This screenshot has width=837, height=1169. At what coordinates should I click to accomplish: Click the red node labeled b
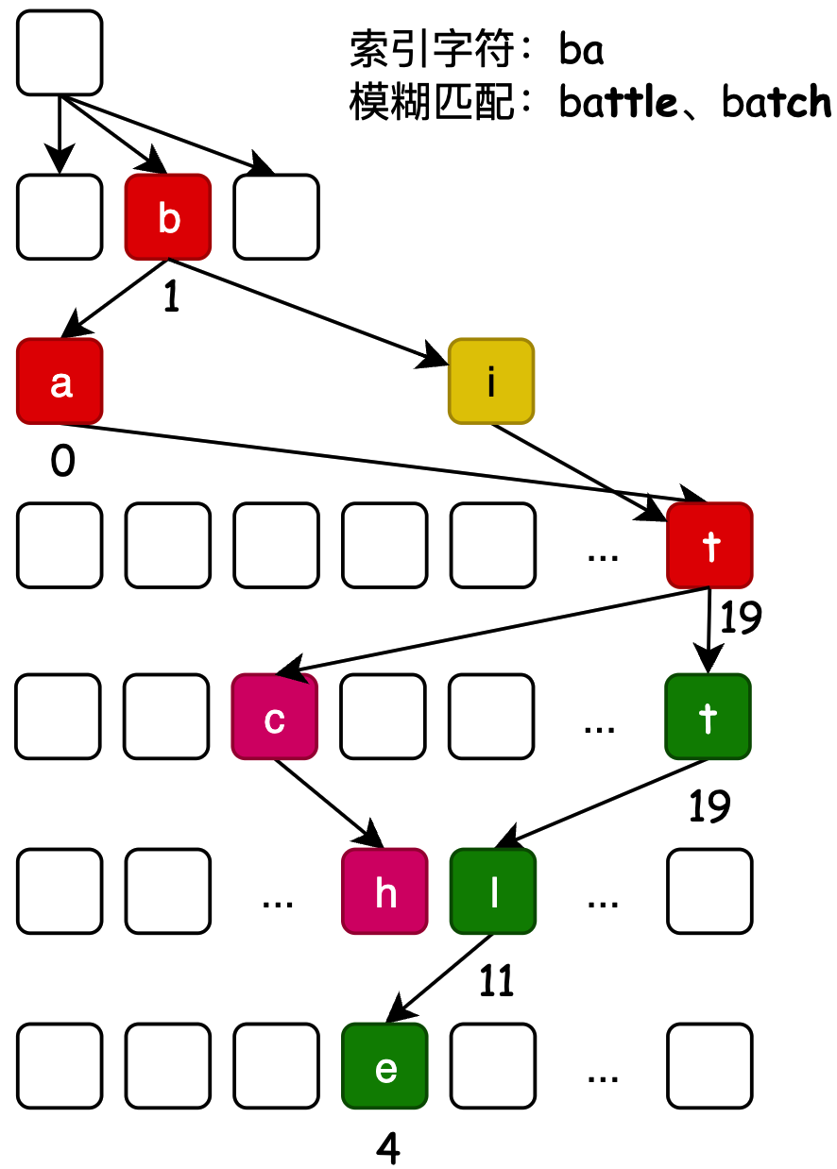(x=168, y=217)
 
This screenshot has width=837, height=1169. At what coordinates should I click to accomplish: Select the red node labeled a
(x=60, y=381)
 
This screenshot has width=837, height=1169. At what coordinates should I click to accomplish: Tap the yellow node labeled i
(x=491, y=381)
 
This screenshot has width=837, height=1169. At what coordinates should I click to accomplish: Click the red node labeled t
(x=709, y=545)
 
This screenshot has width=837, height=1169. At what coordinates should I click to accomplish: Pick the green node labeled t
(x=708, y=717)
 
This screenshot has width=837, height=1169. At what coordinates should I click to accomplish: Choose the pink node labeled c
(x=275, y=717)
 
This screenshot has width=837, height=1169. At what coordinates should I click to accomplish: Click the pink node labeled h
(x=384, y=891)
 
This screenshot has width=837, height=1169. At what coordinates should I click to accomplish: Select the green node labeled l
(x=492, y=891)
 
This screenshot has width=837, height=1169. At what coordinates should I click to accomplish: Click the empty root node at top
(x=60, y=53)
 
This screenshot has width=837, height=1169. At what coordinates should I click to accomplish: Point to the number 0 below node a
(x=62, y=464)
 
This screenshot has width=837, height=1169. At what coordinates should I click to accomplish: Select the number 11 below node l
(x=496, y=983)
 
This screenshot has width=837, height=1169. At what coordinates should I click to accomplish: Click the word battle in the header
(x=618, y=101)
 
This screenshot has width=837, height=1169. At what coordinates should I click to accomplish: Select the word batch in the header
(x=777, y=101)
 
